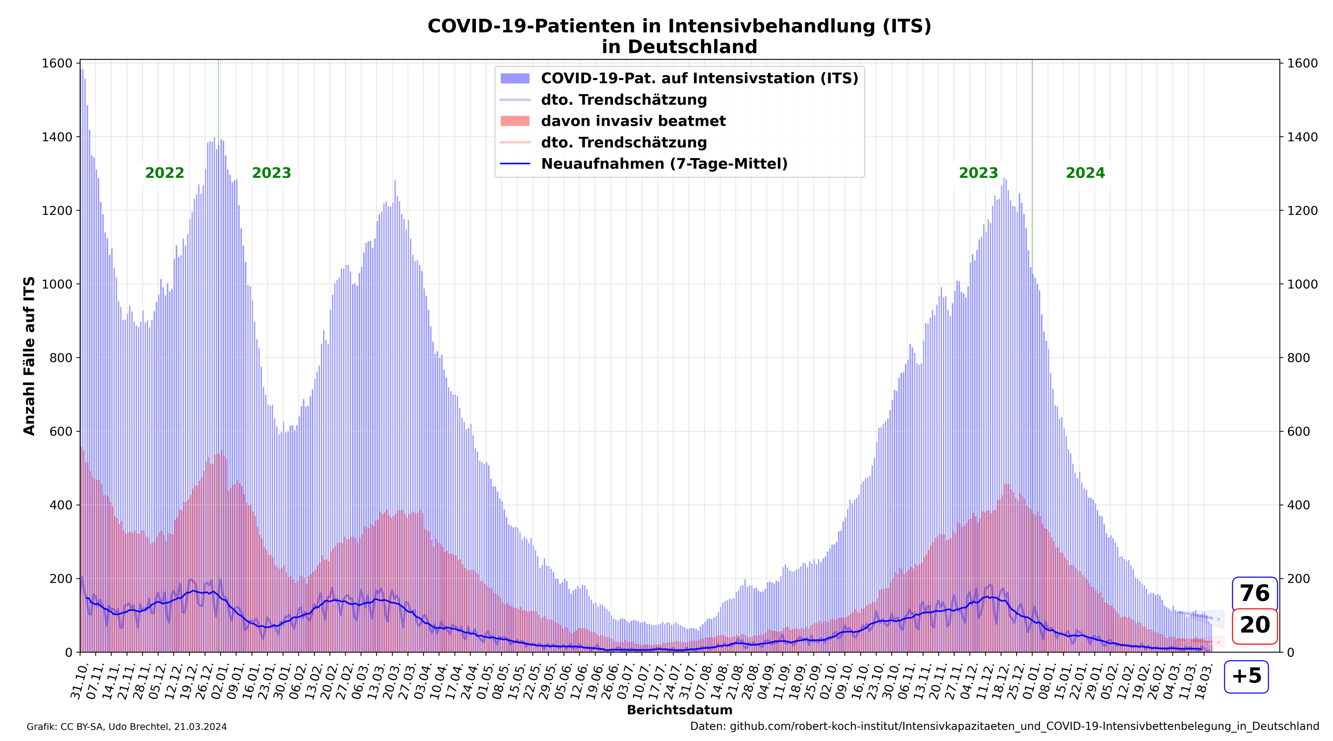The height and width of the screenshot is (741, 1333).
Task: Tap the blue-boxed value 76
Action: pyautogui.click(x=1254, y=593)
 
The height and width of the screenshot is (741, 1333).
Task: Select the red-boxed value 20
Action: pyautogui.click(x=1254, y=625)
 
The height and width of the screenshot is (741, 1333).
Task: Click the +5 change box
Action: pyautogui.click(x=1246, y=676)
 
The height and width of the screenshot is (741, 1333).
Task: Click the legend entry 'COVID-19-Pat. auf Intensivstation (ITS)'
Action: pyautogui.click(x=699, y=78)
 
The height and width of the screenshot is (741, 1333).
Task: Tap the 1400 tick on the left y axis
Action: pyautogui.click(x=57, y=137)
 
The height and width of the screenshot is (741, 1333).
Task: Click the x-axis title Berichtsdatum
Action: pyautogui.click(x=680, y=710)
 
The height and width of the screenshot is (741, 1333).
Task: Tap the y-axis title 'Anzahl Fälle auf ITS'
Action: pyautogui.click(x=30, y=356)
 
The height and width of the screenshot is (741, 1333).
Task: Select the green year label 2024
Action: pyautogui.click(x=1085, y=173)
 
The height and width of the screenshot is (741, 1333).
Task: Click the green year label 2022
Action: pyautogui.click(x=165, y=173)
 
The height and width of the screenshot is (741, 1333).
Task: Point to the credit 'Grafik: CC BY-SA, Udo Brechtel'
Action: pyautogui.click(x=126, y=727)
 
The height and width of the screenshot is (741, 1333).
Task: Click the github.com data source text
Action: pyautogui.click(x=1004, y=727)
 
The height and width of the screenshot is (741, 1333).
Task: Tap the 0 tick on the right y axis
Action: pyautogui.click(x=1290, y=652)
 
